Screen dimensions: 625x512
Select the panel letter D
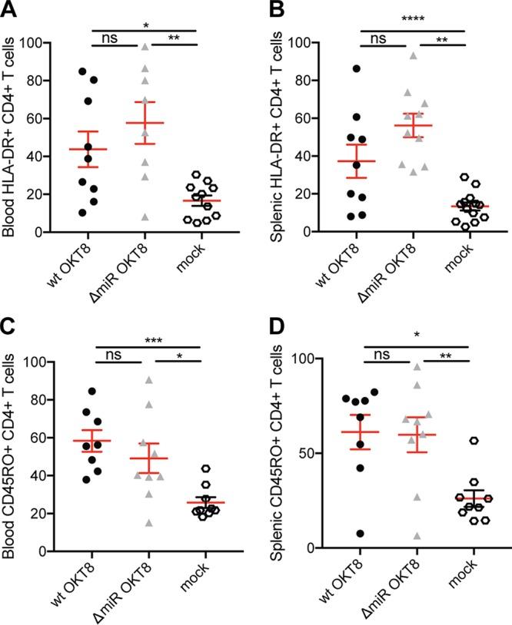pyautogui.click(x=267, y=328)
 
